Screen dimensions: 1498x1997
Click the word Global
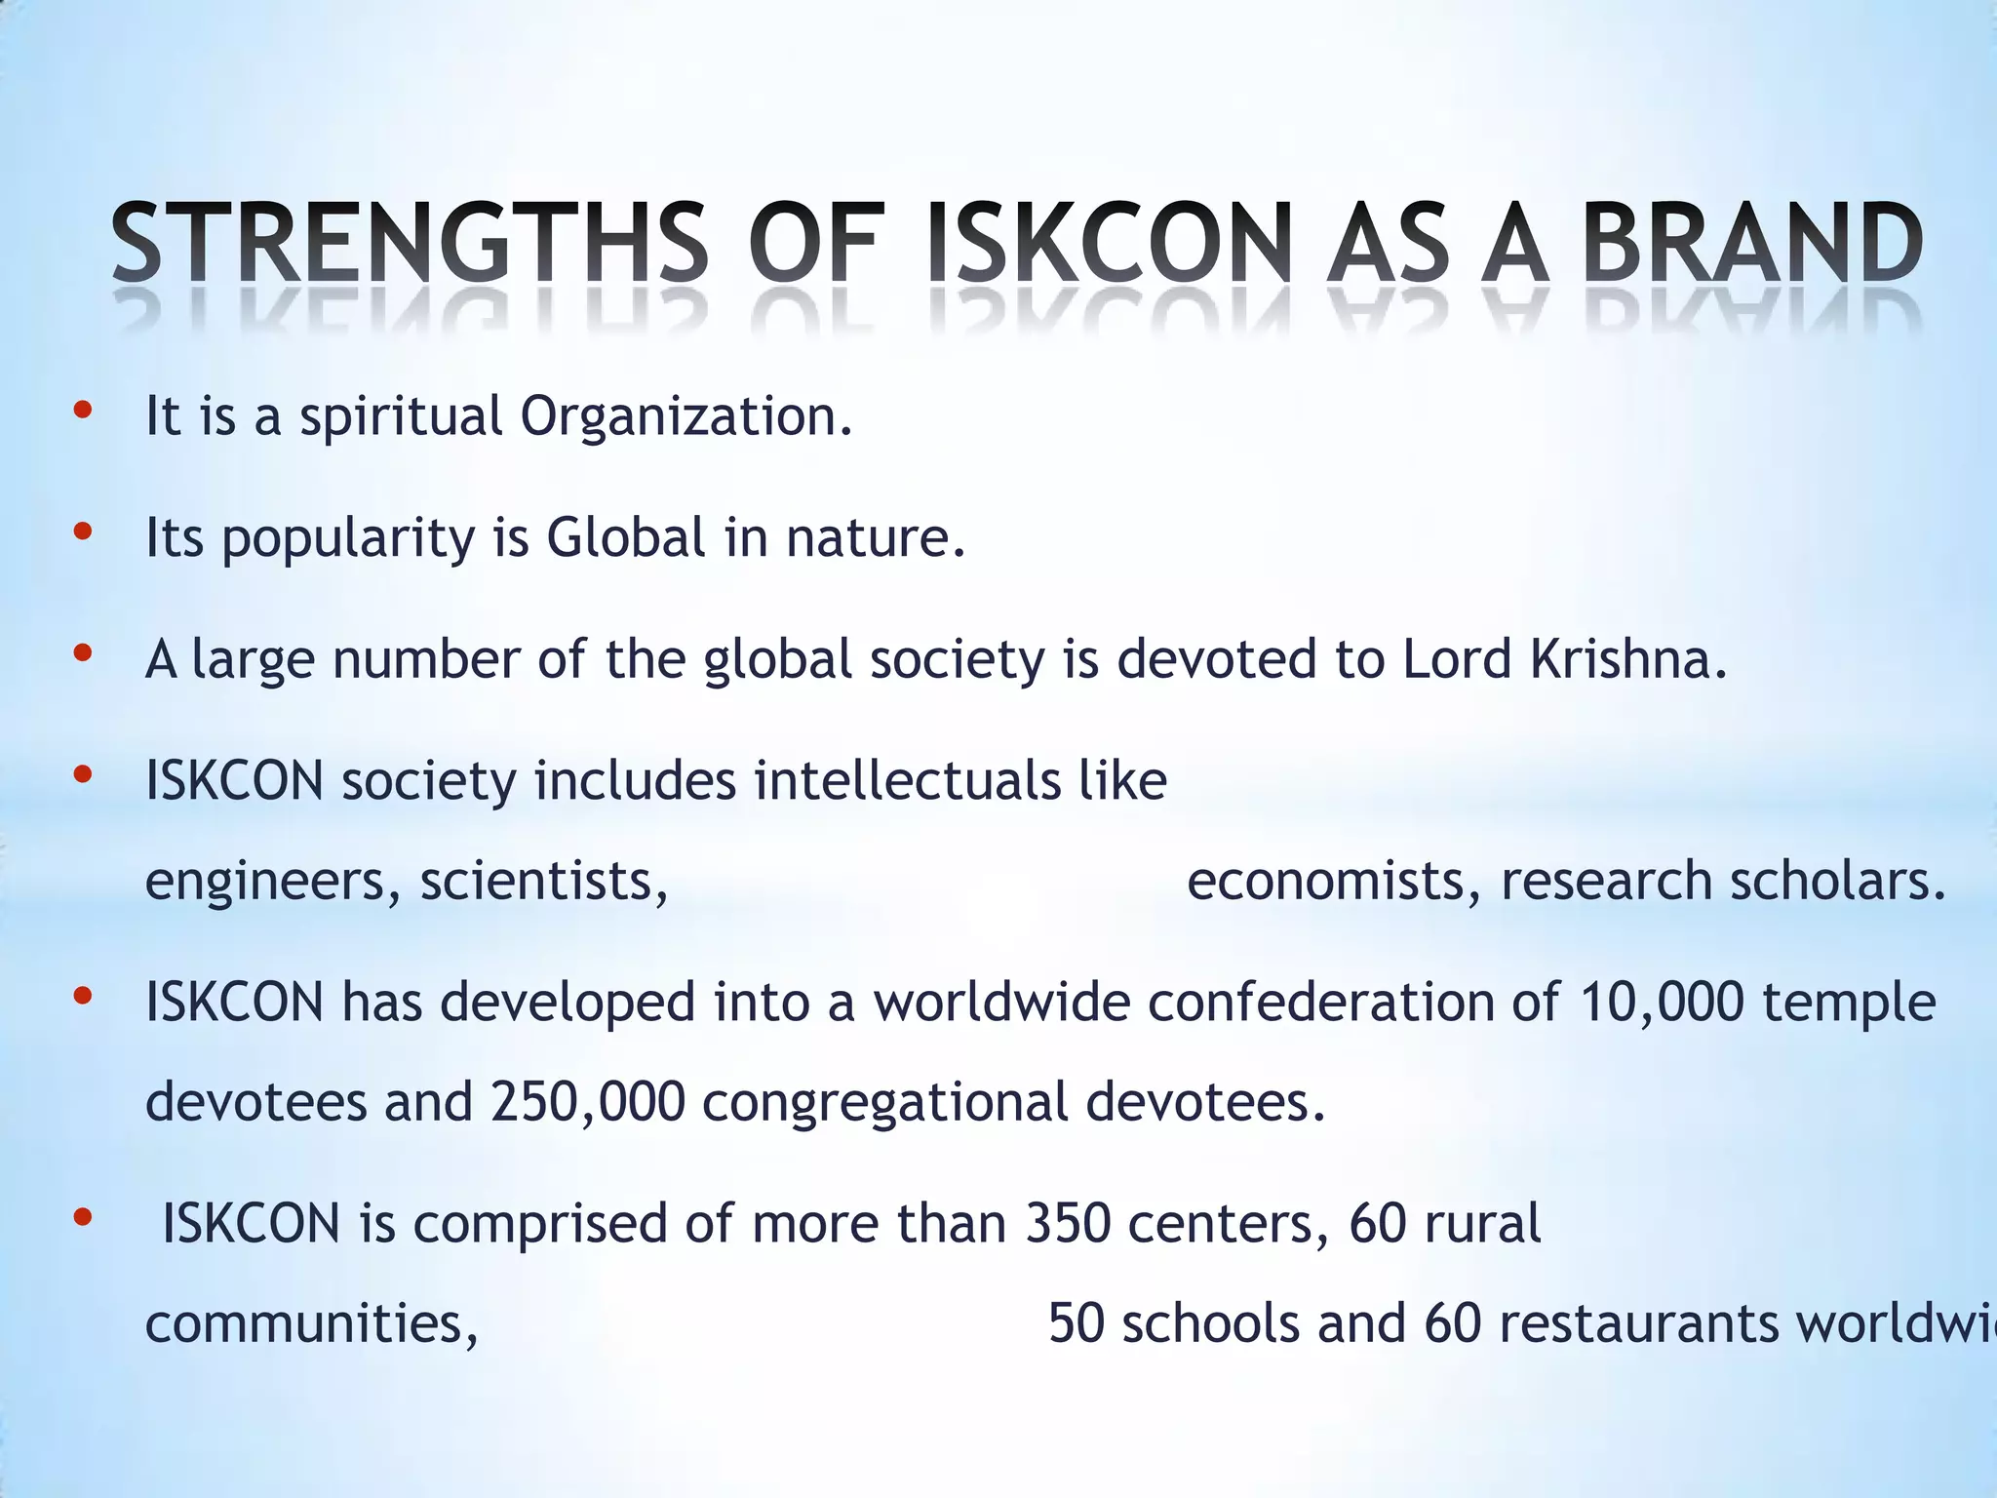point(625,537)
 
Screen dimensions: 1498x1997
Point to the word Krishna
point(1620,659)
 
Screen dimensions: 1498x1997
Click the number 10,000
point(1661,1003)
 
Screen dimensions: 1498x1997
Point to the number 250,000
point(588,1103)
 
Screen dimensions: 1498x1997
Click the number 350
point(1067,1224)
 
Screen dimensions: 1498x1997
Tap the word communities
point(310,1324)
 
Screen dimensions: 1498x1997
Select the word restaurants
point(1638,1324)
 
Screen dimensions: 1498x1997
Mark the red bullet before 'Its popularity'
point(83,532)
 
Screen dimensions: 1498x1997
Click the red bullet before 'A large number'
point(83,653)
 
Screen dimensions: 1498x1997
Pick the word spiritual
point(401,418)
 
